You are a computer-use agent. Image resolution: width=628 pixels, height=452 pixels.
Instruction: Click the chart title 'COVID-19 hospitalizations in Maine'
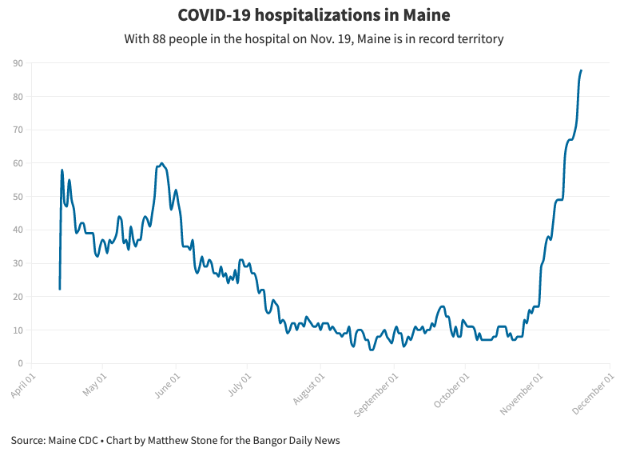click(x=313, y=15)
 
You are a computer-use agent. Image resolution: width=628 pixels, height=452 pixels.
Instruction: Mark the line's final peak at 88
click(x=581, y=70)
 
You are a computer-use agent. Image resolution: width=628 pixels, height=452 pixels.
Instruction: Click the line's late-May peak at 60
click(x=162, y=163)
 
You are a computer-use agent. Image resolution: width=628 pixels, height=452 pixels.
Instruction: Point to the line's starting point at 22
click(x=60, y=289)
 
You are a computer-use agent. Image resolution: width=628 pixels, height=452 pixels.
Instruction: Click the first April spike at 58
click(x=62, y=170)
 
